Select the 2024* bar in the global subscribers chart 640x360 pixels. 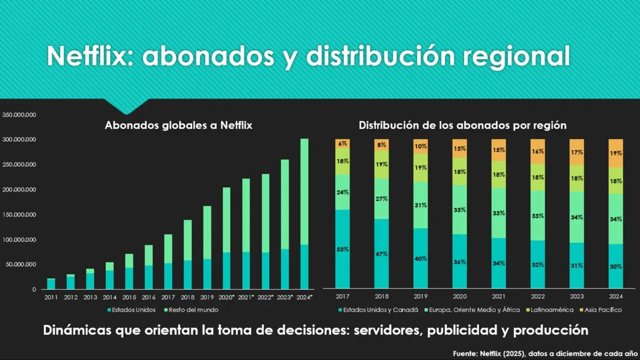[304, 214]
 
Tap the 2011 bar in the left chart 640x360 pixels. [51, 284]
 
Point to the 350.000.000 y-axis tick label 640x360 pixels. [20, 115]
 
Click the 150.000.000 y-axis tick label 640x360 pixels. [20, 215]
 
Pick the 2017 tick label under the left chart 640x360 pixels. [168, 297]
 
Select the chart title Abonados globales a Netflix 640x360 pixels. [178, 125]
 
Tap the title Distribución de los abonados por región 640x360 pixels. [462, 125]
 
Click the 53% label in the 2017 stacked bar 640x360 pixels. [343, 249]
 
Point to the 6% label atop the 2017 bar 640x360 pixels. [343, 144]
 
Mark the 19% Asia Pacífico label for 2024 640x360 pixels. [616, 153]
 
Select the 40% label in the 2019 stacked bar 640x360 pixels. [421, 259]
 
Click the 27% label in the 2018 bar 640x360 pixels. [382, 199]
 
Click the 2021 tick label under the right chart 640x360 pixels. [499, 296]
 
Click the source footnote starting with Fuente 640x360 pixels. [545, 354]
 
